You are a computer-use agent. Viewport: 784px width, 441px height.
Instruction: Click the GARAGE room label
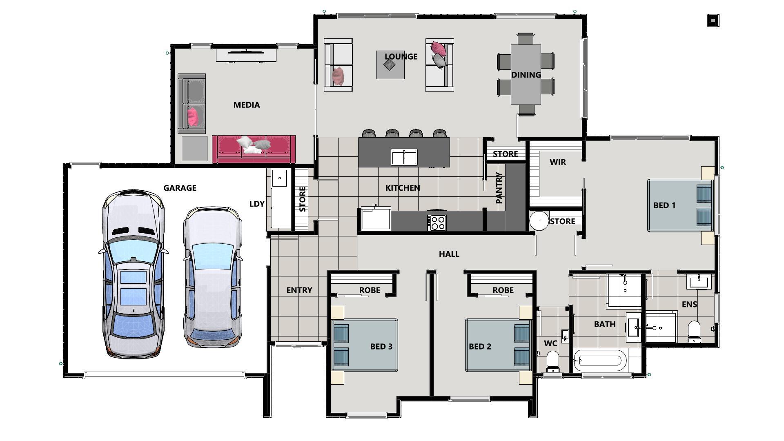coord(180,188)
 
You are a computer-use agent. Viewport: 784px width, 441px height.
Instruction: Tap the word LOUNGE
coord(401,56)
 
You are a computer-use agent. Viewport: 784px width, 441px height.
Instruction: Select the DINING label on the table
coord(526,75)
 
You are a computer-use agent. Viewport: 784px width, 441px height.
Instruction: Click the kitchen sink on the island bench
coord(404,157)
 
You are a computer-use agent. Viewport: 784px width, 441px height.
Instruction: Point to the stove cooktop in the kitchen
coord(437,223)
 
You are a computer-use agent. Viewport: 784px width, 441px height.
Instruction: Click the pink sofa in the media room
coord(254,149)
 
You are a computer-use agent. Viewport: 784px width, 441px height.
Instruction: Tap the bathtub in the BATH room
coord(599,361)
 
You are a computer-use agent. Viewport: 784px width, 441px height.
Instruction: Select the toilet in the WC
coord(553,361)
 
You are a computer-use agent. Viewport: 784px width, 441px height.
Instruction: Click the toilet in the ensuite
coord(694,331)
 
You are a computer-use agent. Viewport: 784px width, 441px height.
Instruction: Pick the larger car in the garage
coord(133,274)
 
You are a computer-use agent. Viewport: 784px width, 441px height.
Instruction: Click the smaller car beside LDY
coord(212,278)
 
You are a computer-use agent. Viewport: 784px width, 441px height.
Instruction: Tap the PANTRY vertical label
coord(499,188)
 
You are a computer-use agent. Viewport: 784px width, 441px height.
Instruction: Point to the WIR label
coord(558,162)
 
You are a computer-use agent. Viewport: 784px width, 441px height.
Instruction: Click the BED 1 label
coord(664,205)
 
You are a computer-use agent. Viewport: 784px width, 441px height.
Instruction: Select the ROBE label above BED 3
coord(370,290)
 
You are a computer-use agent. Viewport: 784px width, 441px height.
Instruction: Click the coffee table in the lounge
coord(390,65)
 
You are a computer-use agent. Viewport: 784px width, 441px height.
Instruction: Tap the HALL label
coord(449,254)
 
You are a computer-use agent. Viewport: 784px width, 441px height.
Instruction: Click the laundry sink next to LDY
coord(280,178)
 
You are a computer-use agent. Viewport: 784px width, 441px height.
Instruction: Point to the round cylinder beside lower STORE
coord(539,220)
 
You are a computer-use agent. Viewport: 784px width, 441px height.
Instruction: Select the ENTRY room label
coord(299,290)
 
